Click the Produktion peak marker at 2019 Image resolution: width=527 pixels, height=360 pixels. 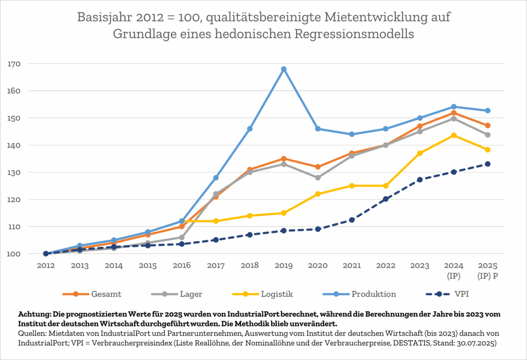(x=284, y=69)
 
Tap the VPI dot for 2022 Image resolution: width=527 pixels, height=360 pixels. (x=385, y=199)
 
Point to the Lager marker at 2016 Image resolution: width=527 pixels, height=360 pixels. (x=182, y=237)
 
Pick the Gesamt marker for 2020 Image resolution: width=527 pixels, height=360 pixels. (x=318, y=167)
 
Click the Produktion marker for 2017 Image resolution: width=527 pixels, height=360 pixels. (x=216, y=177)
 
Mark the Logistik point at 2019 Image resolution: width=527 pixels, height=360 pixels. (x=284, y=213)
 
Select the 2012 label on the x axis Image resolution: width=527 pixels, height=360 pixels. (x=46, y=265)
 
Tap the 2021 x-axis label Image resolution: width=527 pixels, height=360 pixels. (x=352, y=265)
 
